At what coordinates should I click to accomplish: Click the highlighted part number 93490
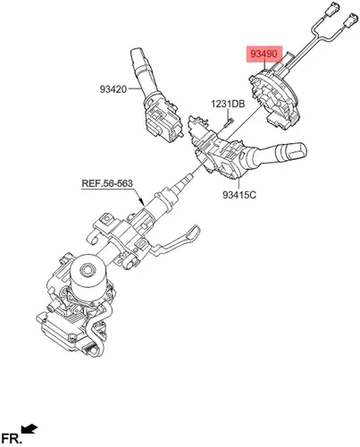[264, 54]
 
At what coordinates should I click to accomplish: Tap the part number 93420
[113, 89]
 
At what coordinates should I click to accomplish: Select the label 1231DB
[228, 104]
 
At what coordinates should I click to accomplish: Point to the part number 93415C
[239, 195]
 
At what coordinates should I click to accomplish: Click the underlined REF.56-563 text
[107, 183]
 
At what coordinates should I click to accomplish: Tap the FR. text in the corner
[12, 438]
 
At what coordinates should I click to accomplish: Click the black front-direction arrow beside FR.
[29, 429]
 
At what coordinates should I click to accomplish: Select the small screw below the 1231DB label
[229, 122]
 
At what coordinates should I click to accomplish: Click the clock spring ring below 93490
[275, 97]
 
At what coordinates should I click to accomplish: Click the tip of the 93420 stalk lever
[138, 53]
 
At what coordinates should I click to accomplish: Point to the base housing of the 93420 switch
[163, 121]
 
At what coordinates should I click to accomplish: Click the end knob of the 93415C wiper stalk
[293, 152]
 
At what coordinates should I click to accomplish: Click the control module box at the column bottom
[63, 331]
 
